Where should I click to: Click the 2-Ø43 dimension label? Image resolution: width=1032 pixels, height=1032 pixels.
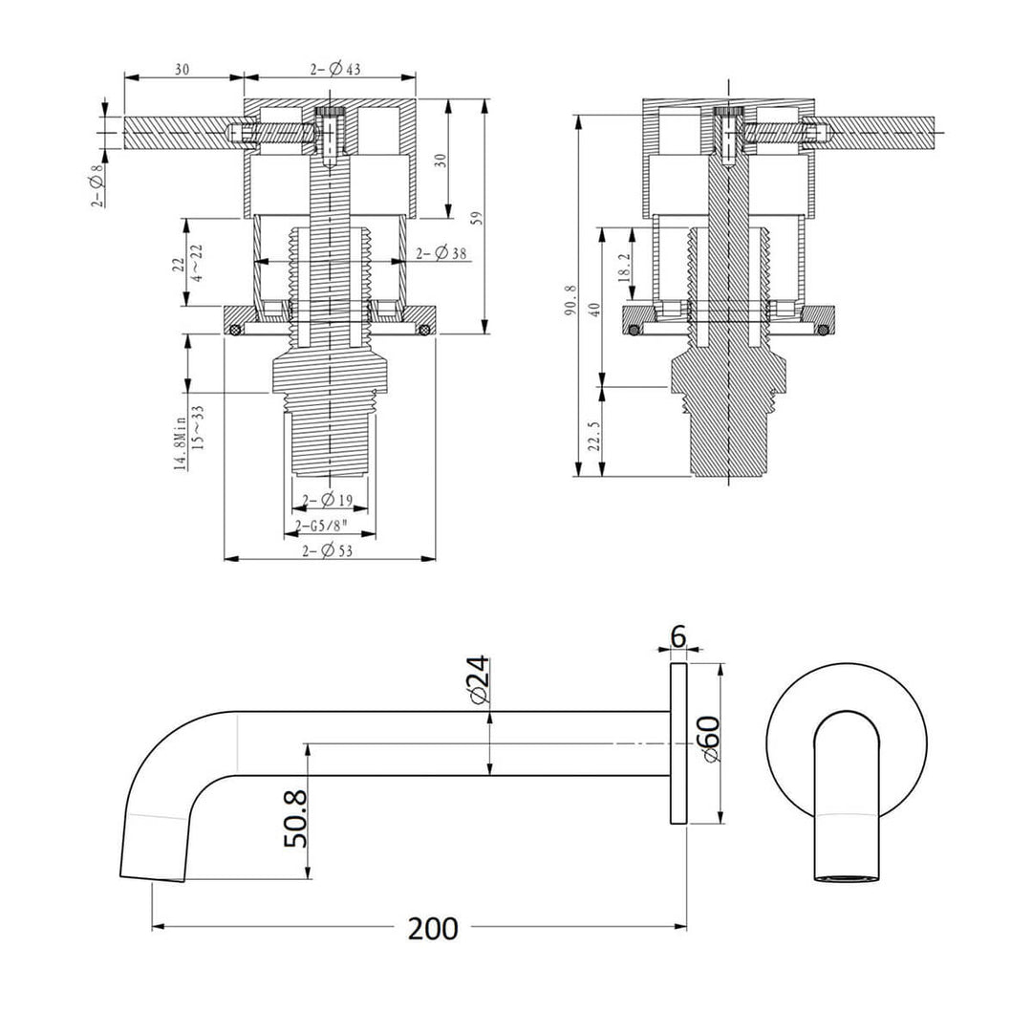coord(334,69)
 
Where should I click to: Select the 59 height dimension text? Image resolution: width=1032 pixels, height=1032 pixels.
coord(488,217)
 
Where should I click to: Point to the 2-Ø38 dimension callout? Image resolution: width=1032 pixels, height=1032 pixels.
coord(442,253)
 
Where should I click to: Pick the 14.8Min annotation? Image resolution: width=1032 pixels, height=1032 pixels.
coord(179,439)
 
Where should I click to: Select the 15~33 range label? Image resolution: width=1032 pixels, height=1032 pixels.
coord(198,426)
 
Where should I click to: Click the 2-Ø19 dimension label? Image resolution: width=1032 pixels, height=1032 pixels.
coord(328,501)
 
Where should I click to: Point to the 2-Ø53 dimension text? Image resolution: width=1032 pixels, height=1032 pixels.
coord(328,550)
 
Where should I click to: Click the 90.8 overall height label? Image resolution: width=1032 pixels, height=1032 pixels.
coord(570,299)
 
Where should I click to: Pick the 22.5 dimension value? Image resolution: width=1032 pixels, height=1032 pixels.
coord(594,435)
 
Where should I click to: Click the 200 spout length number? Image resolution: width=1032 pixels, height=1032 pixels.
coord(433,927)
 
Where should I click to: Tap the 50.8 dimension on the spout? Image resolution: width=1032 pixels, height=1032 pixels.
coord(295,817)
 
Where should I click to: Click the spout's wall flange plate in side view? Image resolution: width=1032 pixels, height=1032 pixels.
coord(677,744)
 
